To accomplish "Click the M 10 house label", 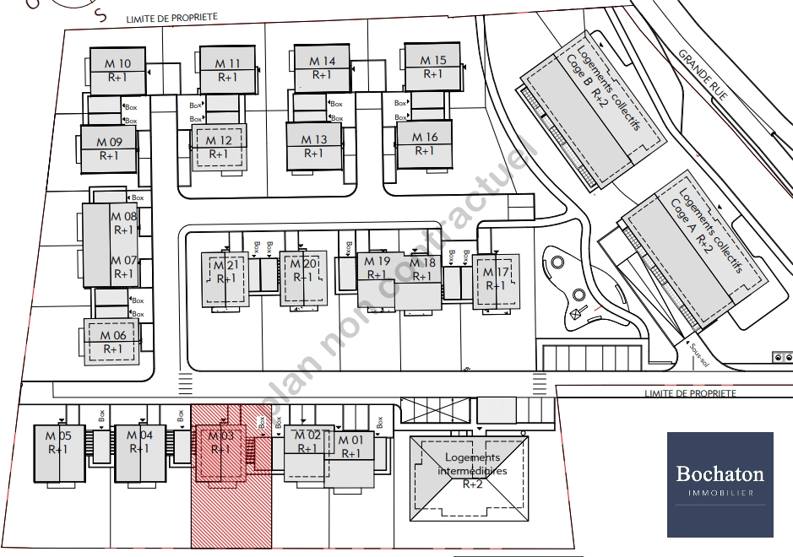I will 118,69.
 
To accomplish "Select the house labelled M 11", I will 227,69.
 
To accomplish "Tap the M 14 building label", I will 322,68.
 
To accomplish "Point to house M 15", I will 432,67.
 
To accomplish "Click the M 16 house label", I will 424,143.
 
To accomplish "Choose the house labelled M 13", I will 313,146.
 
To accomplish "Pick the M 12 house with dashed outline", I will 219,147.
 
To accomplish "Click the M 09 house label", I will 109,149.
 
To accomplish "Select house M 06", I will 112,342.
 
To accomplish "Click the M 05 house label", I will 57,442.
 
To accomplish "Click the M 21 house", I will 225,272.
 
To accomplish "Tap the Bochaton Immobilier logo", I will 720,484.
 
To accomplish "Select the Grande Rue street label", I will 702,75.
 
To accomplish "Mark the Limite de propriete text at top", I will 171,18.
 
